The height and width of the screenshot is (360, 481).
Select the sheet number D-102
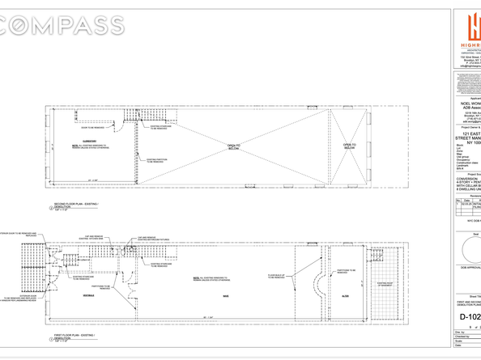469,316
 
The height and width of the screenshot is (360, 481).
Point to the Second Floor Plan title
76,205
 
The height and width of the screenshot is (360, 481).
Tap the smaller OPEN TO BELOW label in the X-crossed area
349,146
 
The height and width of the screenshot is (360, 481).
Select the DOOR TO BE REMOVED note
92,127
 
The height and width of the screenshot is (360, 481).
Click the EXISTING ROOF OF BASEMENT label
385,284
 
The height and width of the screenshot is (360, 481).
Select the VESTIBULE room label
78,297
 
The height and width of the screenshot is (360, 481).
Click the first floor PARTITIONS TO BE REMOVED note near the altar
344,272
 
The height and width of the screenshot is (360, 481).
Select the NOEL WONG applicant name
470,104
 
